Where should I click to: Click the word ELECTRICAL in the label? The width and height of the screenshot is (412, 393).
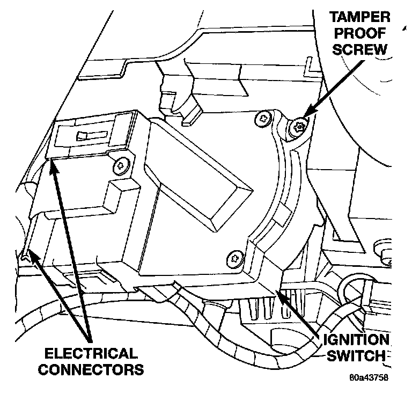[90, 353]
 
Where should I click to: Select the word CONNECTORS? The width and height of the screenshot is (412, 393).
[90, 369]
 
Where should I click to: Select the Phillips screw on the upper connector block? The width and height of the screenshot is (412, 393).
[120, 165]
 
